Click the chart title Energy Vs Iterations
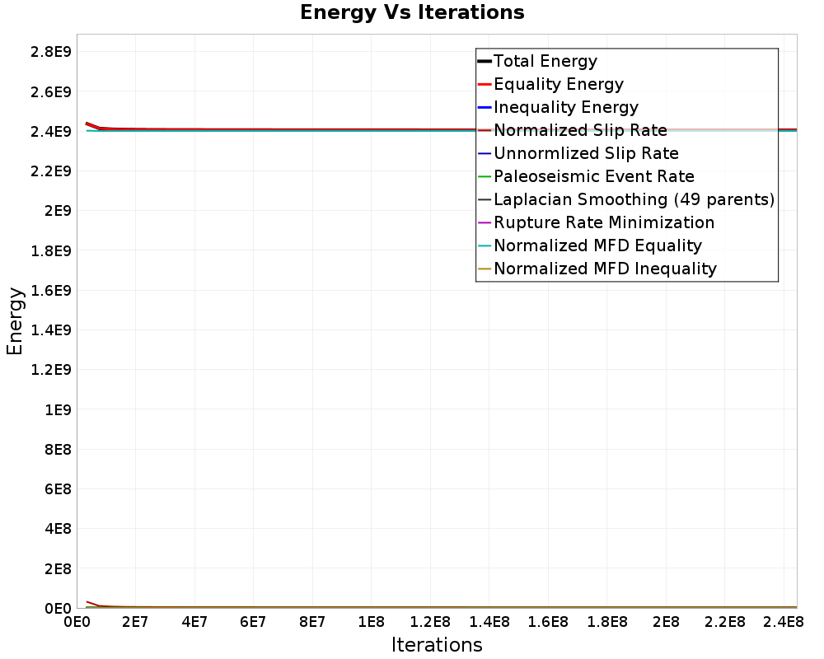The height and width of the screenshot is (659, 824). tap(412, 12)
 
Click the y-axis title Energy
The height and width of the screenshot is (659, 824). tap(15, 320)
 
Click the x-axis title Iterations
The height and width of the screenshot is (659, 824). tap(437, 644)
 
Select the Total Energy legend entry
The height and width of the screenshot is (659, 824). tap(545, 61)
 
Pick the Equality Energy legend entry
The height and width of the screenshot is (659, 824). tap(558, 84)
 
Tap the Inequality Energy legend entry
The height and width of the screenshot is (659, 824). tap(565, 107)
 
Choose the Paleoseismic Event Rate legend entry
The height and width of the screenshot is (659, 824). tap(593, 176)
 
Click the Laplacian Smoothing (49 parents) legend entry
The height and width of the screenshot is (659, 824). tap(634, 199)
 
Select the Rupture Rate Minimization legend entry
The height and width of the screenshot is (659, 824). tap(603, 222)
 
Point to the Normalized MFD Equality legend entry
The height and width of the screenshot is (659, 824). tap(597, 245)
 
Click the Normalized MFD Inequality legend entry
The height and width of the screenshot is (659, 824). tap(605, 269)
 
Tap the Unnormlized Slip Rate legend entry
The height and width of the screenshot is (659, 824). tap(586, 153)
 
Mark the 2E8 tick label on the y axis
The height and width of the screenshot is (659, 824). tap(54, 568)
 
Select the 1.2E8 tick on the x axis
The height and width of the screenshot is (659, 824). tap(430, 622)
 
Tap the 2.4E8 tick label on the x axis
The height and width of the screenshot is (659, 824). tap(784, 622)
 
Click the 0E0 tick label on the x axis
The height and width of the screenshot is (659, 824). tap(77, 622)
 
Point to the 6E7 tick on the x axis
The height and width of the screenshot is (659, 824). tap(253, 622)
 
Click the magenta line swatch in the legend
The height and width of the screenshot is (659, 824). tap(485, 222)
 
